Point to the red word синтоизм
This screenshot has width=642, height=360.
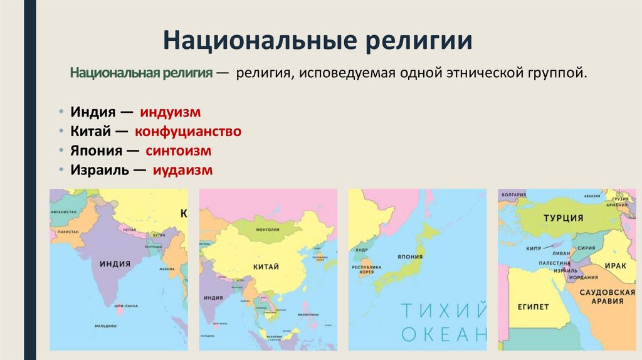click(178, 151)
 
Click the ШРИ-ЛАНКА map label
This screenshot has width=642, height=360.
click(125, 306)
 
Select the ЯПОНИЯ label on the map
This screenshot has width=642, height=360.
click(408, 257)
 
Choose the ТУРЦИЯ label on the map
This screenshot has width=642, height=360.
click(564, 218)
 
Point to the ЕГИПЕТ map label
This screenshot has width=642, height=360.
click(534, 307)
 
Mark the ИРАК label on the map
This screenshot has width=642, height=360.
click(615, 266)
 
